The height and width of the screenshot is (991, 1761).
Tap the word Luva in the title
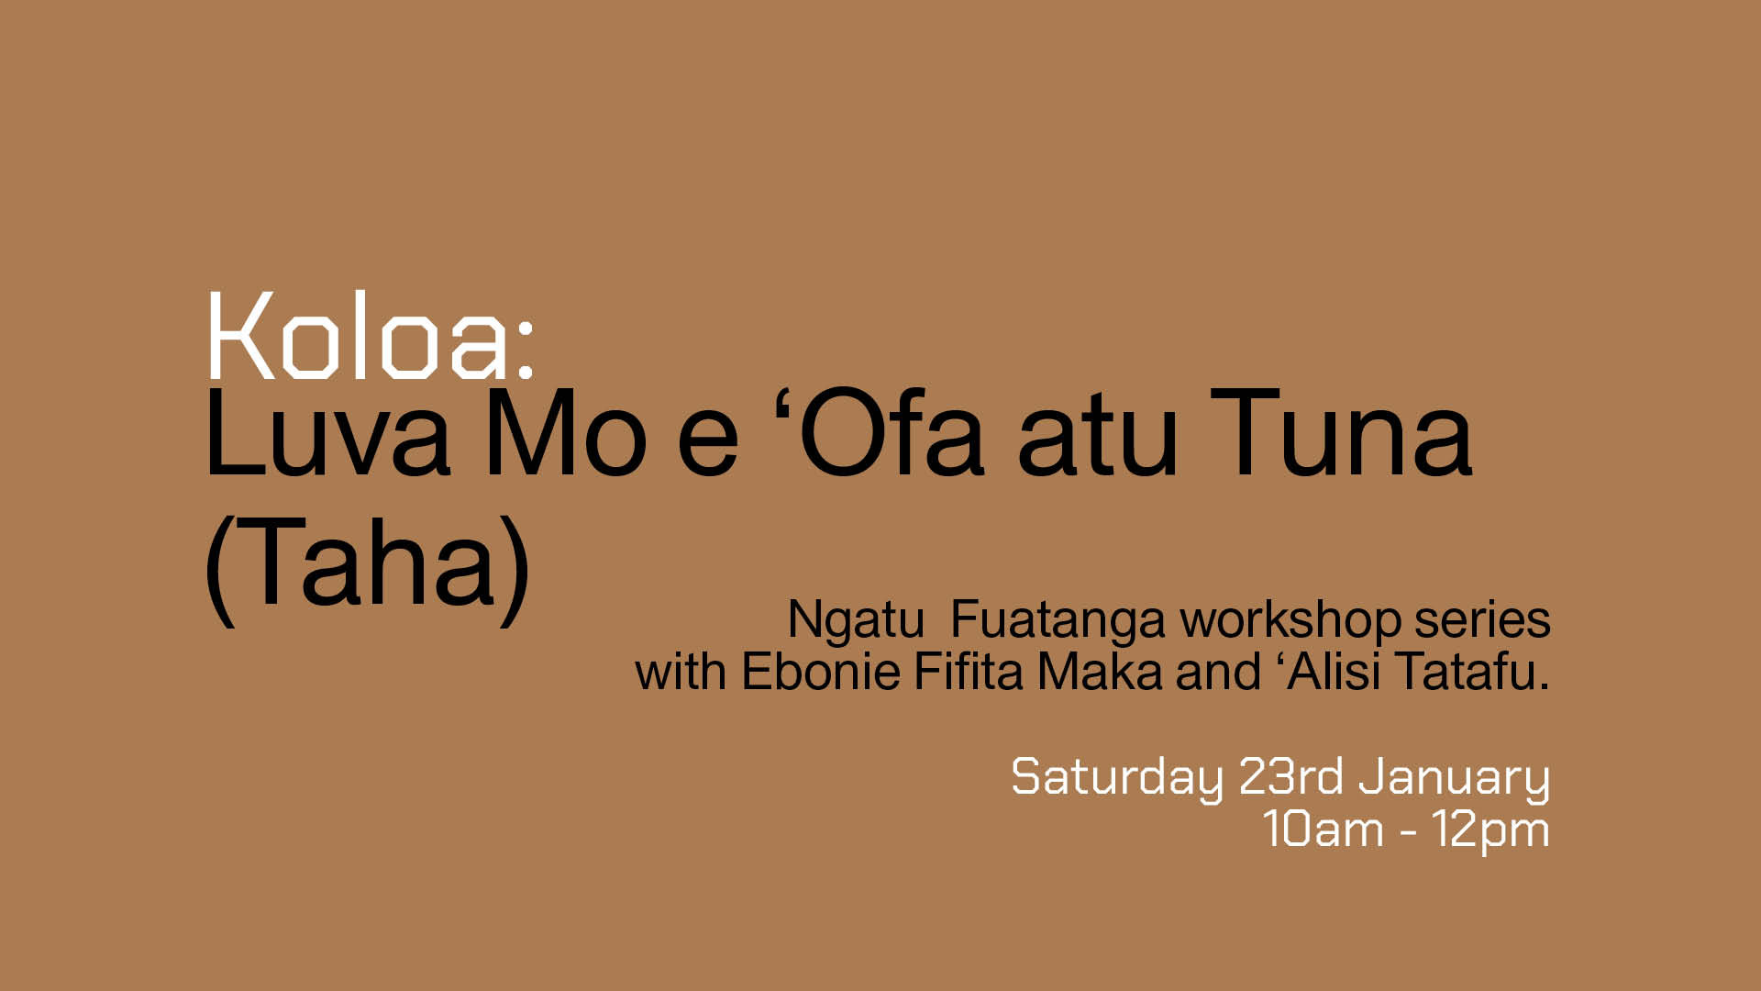[327, 433]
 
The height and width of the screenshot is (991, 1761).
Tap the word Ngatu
[856, 622]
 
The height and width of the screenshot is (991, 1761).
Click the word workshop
[1290, 621]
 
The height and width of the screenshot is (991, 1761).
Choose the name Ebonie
[821, 672]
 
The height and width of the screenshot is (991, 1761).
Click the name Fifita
[969, 672]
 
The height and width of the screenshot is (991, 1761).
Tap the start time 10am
[1324, 829]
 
